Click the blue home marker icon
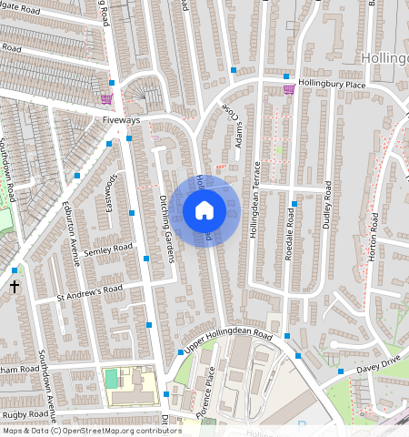click(x=204, y=210)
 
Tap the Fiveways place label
click(x=122, y=119)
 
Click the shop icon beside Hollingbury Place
click(x=289, y=89)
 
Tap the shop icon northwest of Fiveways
click(x=106, y=98)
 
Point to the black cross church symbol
click(x=14, y=286)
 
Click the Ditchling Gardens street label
click(x=166, y=229)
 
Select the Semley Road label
click(x=108, y=248)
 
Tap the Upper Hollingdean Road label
click(x=228, y=342)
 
